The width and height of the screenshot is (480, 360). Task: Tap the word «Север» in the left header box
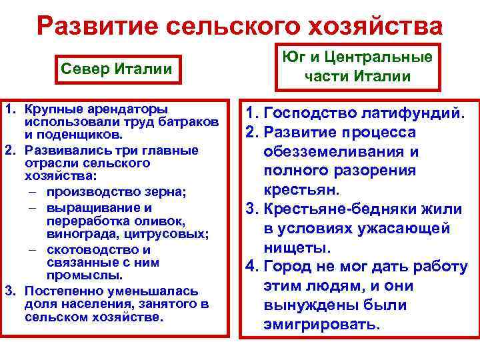[81, 69]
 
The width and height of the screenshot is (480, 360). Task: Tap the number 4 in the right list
[251, 267]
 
